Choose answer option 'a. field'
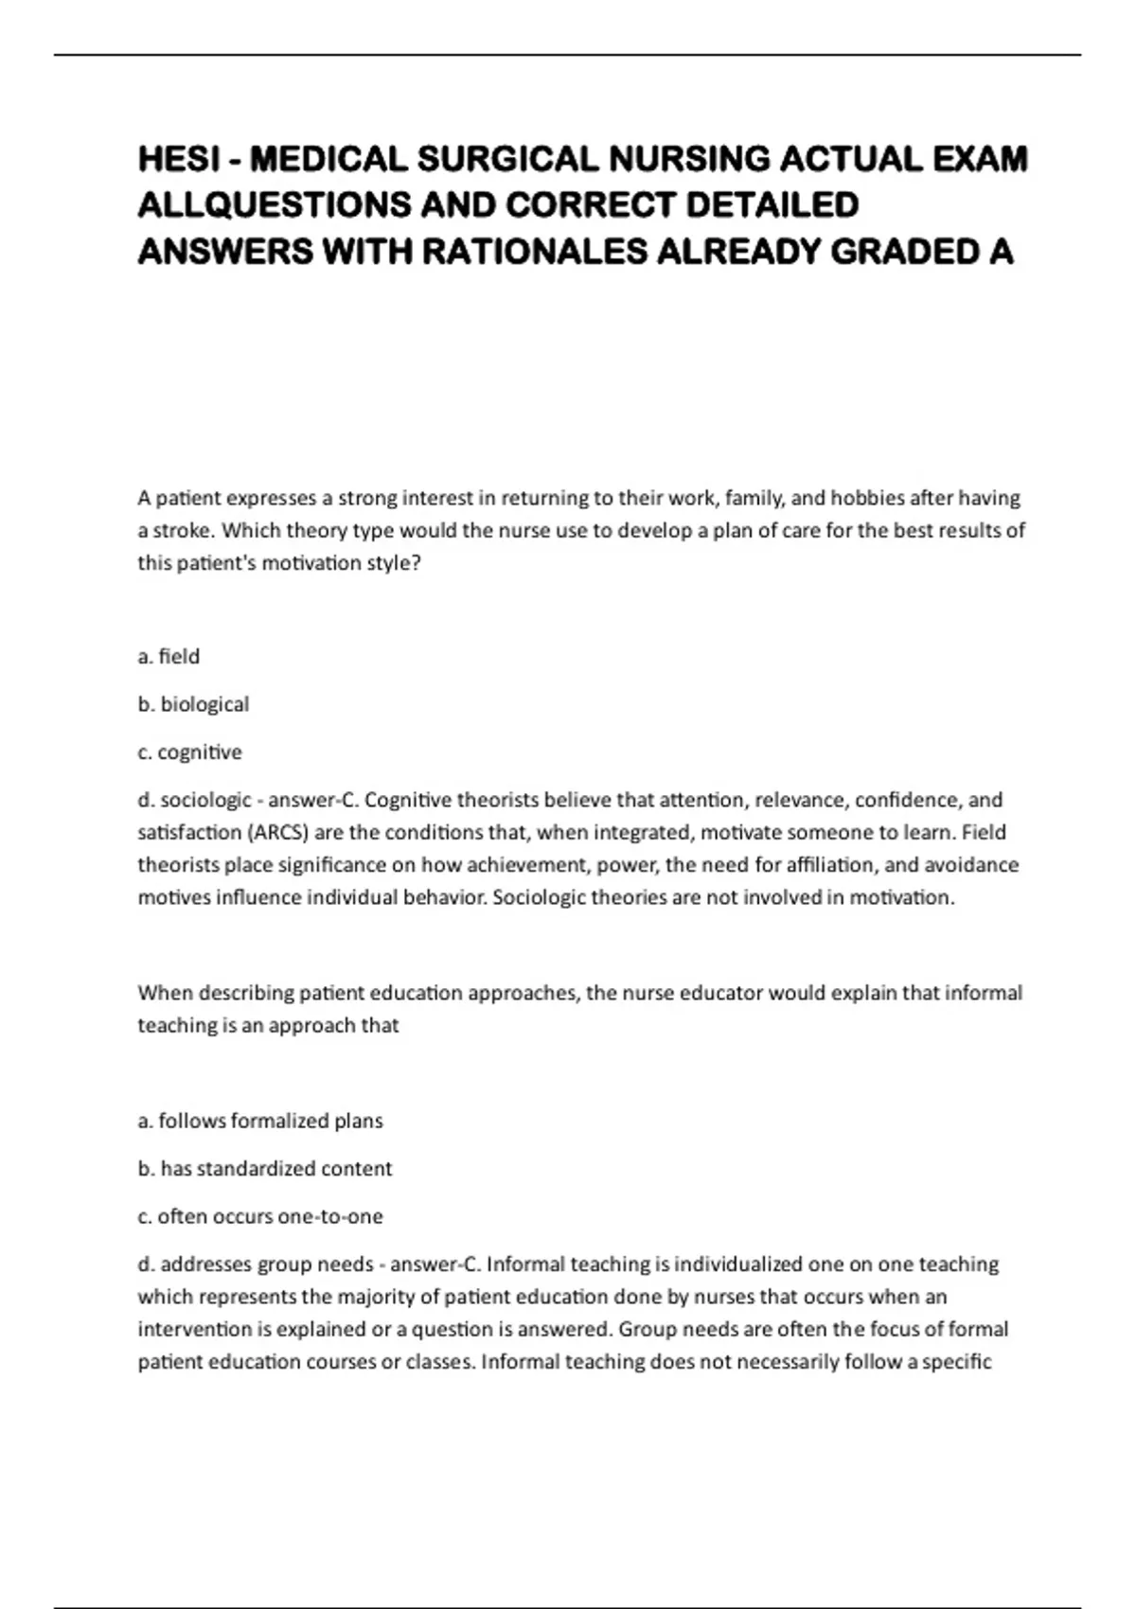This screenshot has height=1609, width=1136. pos(169,656)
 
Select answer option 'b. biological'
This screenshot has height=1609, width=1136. pos(193,704)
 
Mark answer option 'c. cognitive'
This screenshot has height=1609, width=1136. pos(189,752)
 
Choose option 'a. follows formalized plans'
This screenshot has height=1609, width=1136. pos(260,1121)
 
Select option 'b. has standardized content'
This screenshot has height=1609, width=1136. pos(265,1169)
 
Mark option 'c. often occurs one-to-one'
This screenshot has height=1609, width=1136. pos(260,1216)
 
